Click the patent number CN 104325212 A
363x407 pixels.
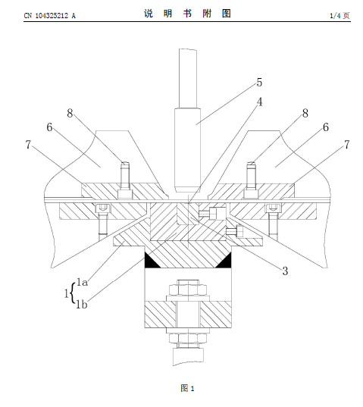point(50,16)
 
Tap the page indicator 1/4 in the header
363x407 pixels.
point(335,16)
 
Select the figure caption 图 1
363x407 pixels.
point(187,388)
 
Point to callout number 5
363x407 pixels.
point(259,83)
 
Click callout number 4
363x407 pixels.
point(259,102)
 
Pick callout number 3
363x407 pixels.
point(285,271)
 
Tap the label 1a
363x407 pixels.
point(83,282)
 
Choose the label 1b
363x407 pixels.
point(82,304)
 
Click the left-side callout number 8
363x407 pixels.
point(70,113)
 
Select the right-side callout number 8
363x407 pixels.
point(305,113)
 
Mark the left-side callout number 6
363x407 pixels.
point(49,127)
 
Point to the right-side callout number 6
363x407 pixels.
point(326,127)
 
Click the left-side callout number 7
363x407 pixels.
point(28,145)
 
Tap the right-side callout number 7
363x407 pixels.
point(347,145)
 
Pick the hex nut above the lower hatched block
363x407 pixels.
point(188,290)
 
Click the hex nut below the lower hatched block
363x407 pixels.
point(188,338)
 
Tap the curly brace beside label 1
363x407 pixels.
point(73,293)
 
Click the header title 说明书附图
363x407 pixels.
point(187,14)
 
